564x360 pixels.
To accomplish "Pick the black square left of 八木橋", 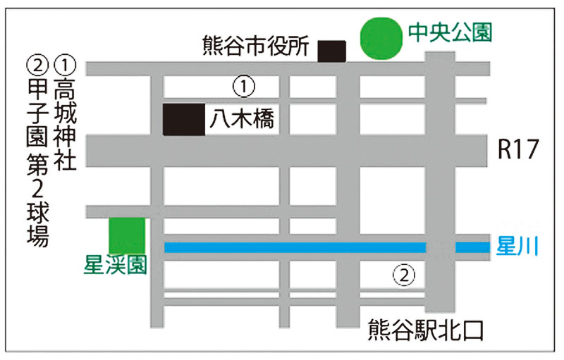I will (x=183, y=120).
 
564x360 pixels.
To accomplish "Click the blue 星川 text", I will (x=518, y=247).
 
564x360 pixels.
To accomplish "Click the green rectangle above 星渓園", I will (x=127, y=235).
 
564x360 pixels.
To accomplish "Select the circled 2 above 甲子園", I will (x=37, y=65).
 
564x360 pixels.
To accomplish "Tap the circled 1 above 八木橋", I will (x=243, y=87).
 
